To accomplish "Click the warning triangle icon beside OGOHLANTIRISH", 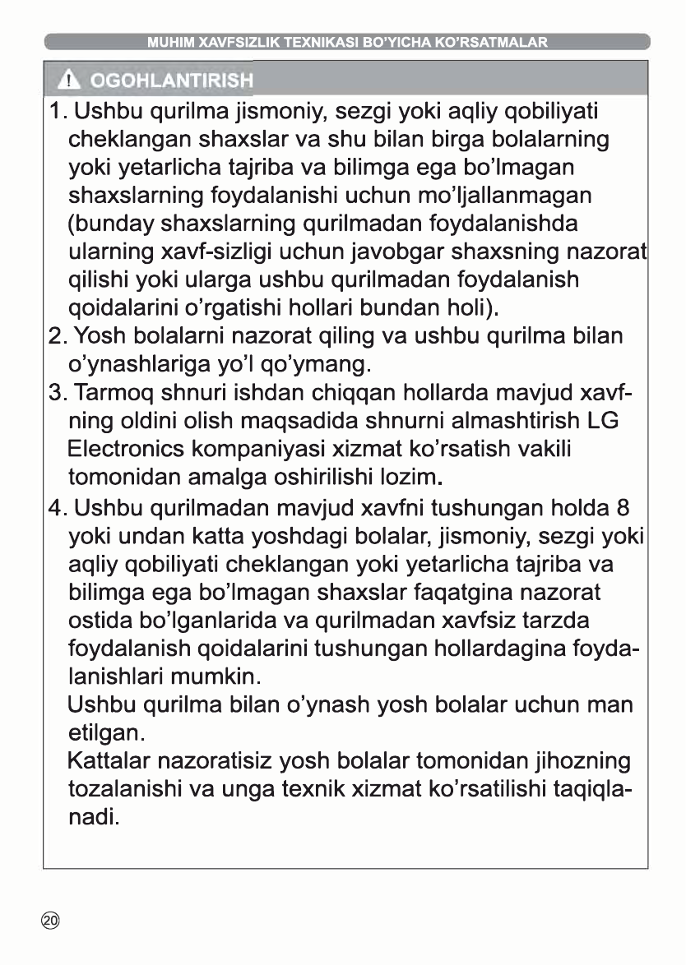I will click(70, 82).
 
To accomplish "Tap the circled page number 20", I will click(51, 920).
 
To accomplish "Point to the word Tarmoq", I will click(113, 392).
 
